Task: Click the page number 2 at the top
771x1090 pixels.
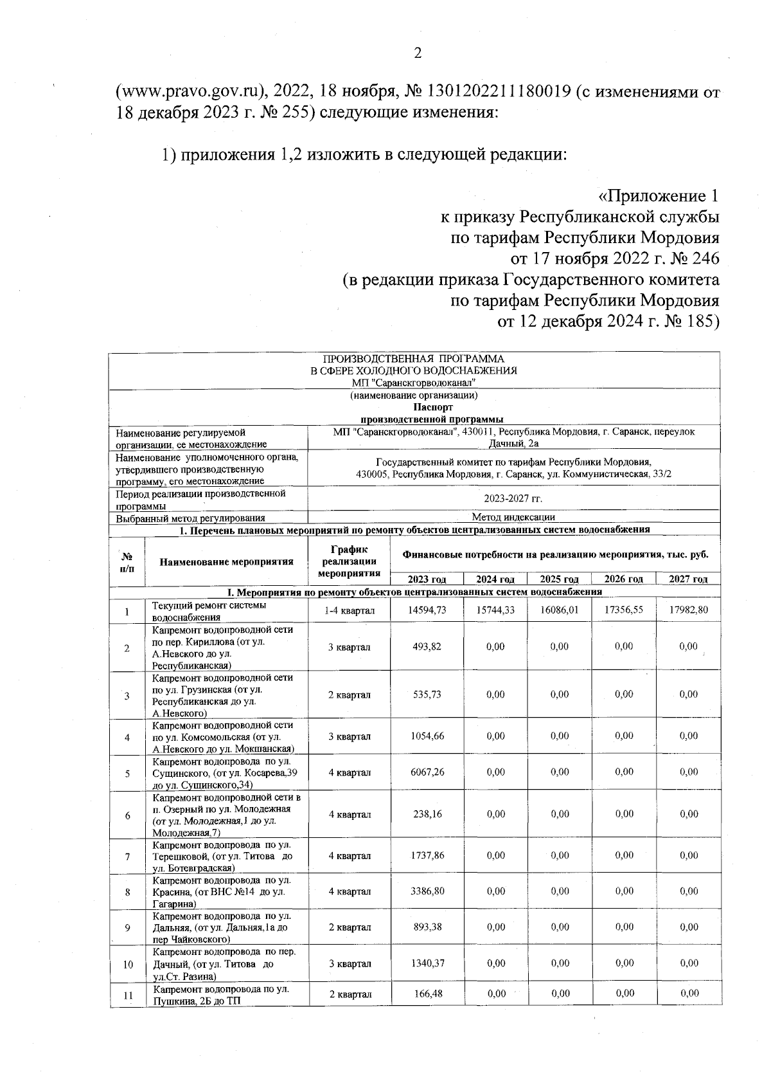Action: [417, 53]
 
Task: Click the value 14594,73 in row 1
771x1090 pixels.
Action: [427, 610]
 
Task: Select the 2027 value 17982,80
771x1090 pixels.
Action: [688, 610]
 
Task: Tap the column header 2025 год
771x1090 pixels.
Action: [559, 579]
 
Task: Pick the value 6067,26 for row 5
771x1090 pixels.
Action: [427, 772]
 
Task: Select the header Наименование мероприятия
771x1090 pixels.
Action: [226, 561]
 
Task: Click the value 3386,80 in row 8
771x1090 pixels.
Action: [427, 891]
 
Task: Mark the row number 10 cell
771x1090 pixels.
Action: [127, 965]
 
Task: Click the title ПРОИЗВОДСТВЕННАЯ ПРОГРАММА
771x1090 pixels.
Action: [413, 358]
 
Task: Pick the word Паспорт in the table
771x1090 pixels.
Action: [413, 407]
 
